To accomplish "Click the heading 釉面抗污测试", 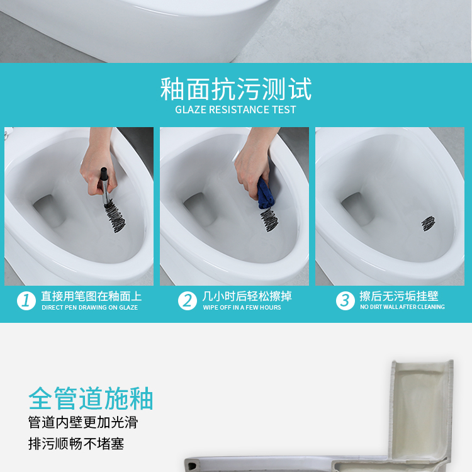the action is pos(236,89).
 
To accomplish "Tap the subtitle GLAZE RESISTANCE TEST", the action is pos(236,110).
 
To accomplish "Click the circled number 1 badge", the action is pos(26,300).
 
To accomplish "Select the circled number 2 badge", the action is pos(188,300).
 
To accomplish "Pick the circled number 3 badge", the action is pos(346,300).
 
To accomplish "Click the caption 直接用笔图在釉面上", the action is pos(91,296).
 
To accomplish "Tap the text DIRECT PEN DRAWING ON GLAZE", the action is pos(90,308).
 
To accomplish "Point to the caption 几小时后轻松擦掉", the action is pos(247,296).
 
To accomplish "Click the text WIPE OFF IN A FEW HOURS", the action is pos(242,308).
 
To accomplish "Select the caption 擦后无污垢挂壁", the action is pos(399,296).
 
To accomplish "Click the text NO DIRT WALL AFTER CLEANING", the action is pos(403,307).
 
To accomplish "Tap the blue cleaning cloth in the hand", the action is pos(265,194).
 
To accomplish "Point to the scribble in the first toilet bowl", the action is pos(115,216).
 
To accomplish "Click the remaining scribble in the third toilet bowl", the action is pos(428,223).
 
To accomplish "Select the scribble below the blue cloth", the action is pos(269,220).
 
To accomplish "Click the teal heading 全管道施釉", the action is pos(91,398).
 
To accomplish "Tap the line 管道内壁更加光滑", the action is pos(83,422).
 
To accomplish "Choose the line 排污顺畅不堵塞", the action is pos(76,444).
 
